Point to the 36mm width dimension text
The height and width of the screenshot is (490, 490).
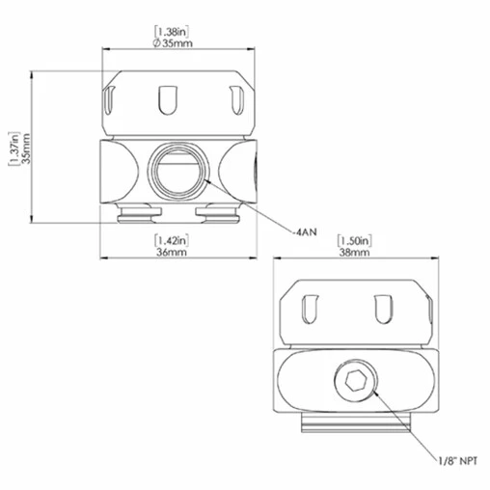point(171,252)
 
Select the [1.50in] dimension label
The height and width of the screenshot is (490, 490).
point(353,238)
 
